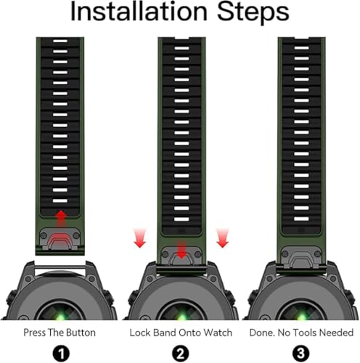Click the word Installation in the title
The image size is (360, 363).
pos(139,12)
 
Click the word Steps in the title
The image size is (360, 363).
pos(253,12)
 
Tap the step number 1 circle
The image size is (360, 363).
pos(61,354)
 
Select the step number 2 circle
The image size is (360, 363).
pos(181,354)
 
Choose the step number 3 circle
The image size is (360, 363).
pos(300,354)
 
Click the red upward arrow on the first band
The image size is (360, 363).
pos(61,219)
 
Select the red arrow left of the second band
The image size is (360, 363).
pos(140,238)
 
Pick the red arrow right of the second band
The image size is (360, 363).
pos(222,238)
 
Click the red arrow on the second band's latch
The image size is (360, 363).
pos(181,249)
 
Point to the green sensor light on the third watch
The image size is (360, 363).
pos(301,316)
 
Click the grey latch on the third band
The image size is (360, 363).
pos(301,258)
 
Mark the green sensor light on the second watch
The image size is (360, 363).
pos(182,316)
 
